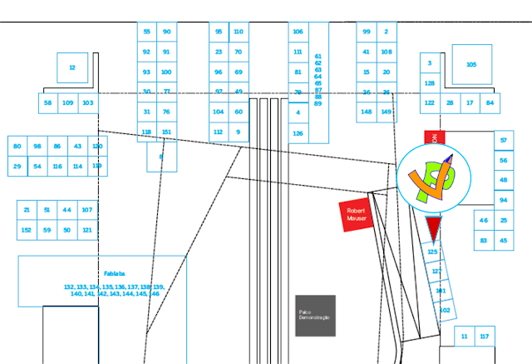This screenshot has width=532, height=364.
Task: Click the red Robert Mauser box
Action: (x=356, y=215)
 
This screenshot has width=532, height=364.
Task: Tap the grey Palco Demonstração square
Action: (x=315, y=316)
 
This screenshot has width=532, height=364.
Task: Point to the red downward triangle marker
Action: (x=432, y=228)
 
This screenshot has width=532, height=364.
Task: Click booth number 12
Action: (x=72, y=67)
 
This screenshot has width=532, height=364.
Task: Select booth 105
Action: (x=471, y=64)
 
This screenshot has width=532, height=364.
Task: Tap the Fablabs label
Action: (x=114, y=273)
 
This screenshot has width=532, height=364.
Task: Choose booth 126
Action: (x=298, y=132)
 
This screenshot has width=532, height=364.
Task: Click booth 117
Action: (x=484, y=337)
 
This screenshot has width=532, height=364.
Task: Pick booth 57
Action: (x=504, y=140)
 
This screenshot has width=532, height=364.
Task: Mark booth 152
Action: (x=27, y=230)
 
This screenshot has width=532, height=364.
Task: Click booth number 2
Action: (x=387, y=32)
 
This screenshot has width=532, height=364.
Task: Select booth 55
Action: (x=147, y=32)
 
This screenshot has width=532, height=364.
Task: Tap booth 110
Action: (x=239, y=32)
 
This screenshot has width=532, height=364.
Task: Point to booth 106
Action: (x=298, y=32)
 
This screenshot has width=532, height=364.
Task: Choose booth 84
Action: (x=490, y=103)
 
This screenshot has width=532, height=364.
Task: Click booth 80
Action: (x=17, y=147)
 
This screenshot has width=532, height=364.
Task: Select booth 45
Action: (x=504, y=242)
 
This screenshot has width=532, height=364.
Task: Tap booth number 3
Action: (x=430, y=63)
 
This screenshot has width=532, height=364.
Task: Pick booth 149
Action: (x=387, y=112)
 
